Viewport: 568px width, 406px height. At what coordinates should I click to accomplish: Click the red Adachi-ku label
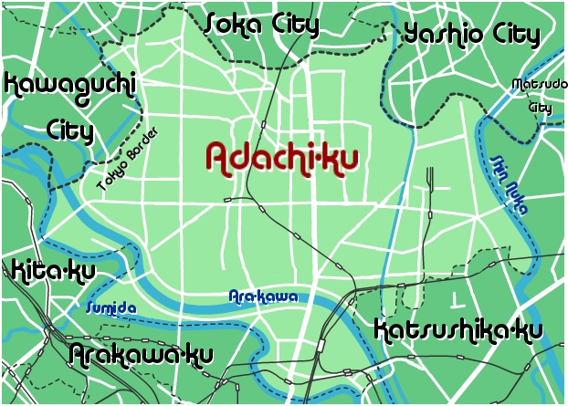click(x=281, y=157)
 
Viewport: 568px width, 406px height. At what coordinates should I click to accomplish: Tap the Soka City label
click(x=261, y=24)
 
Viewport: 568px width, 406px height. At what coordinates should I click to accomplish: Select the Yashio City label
click(x=471, y=36)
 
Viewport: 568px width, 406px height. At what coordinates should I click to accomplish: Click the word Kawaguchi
click(x=69, y=87)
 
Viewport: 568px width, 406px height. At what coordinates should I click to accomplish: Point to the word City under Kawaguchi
click(x=70, y=130)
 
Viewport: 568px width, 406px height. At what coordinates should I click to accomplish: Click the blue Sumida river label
click(x=110, y=308)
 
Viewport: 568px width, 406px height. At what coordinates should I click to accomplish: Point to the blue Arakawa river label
click(x=262, y=297)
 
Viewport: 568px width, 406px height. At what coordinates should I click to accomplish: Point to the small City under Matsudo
click(x=541, y=107)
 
